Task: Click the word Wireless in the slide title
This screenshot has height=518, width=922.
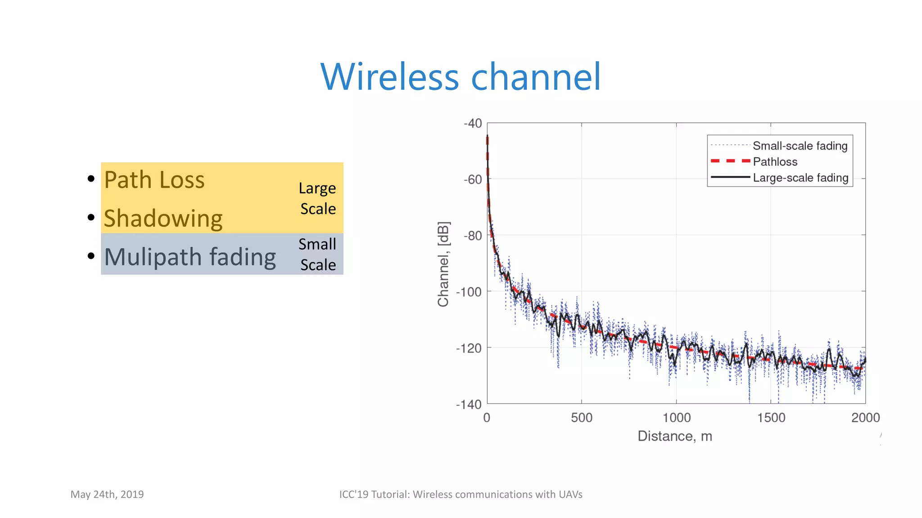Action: [390, 77]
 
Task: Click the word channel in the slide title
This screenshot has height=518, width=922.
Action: [536, 77]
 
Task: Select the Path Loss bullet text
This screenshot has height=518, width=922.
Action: [154, 180]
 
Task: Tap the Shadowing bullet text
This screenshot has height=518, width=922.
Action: [163, 219]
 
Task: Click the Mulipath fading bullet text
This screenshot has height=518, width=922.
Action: [190, 257]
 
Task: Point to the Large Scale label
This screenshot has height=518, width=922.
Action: [317, 198]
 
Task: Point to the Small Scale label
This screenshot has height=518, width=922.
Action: [317, 255]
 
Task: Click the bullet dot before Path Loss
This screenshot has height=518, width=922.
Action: [91, 179]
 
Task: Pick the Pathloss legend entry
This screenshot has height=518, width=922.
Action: [775, 161]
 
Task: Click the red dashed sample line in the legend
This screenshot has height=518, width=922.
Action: [730, 161]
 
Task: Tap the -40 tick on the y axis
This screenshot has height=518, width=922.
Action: [473, 123]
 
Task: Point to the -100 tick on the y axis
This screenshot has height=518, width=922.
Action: [469, 292]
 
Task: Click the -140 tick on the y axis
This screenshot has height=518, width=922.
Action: [469, 404]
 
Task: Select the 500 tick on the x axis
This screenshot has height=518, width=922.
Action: [582, 418]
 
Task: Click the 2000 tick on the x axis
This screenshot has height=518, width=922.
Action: [865, 418]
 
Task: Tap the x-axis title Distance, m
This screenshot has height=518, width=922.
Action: [674, 436]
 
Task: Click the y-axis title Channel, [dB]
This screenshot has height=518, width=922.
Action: [443, 264]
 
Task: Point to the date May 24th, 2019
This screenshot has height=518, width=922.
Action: [107, 494]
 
